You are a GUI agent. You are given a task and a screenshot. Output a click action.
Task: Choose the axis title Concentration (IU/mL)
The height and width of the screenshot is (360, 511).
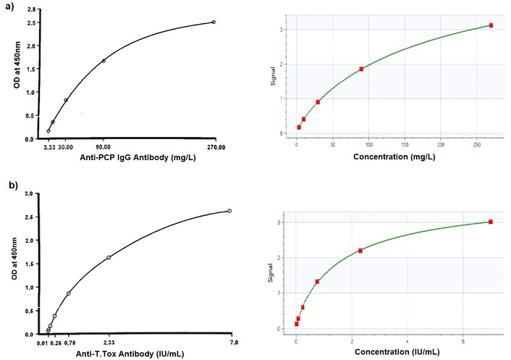pyautogui.click(x=394, y=353)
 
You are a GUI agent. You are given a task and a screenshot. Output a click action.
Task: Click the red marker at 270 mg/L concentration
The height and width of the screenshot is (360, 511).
pyautogui.click(x=491, y=25)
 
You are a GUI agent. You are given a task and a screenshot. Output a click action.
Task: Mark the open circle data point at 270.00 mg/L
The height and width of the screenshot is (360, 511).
pyautogui.click(x=214, y=22)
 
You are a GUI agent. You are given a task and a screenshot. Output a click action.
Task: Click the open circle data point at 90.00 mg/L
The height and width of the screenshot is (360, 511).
pyautogui.click(x=104, y=61)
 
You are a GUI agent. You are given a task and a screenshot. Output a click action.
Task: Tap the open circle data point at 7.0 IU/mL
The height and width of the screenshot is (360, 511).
pyautogui.click(x=229, y=211)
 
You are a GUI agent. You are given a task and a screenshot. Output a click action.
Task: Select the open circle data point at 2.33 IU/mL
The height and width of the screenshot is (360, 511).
pyautogui.click(x=109, y=257)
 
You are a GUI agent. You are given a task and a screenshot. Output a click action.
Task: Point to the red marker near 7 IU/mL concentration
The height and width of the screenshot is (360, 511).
pyautogui.click(x=490, y=222)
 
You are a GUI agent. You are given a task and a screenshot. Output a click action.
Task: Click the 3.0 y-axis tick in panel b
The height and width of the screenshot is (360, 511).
pyautogui.click(x=29, y=194)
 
